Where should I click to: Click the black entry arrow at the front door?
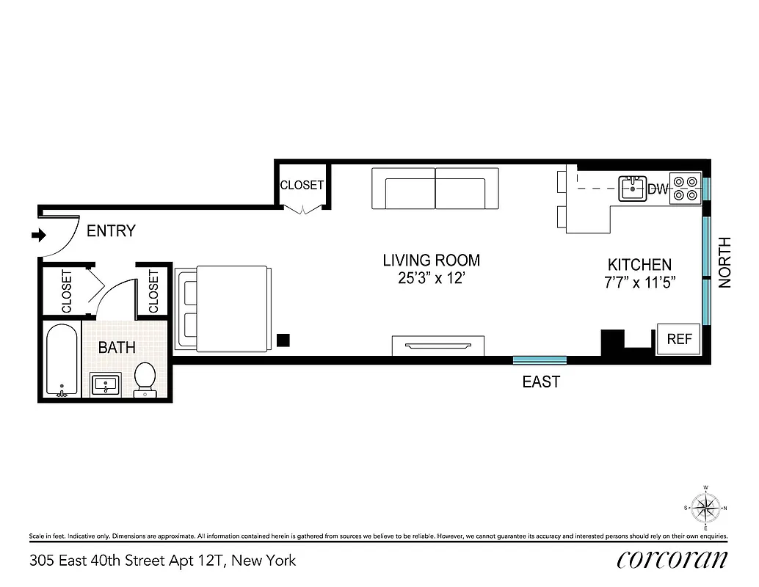coord(37,236)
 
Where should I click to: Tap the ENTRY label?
coord(111,231)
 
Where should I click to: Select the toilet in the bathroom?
coord(145,379)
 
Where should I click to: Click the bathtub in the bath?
coord(61,360)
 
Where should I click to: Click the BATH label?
coord(117,347)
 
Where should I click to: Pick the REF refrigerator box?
coord(678,339)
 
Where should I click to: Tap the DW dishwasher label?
coord(658,190)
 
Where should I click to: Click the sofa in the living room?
coord(435,189)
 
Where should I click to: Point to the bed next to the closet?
coord(221,308)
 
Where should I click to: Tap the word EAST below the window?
coord(540,382)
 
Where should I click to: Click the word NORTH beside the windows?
coord(725,262)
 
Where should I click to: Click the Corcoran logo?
coord(672,560)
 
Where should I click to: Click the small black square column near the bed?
coord(283,340)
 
